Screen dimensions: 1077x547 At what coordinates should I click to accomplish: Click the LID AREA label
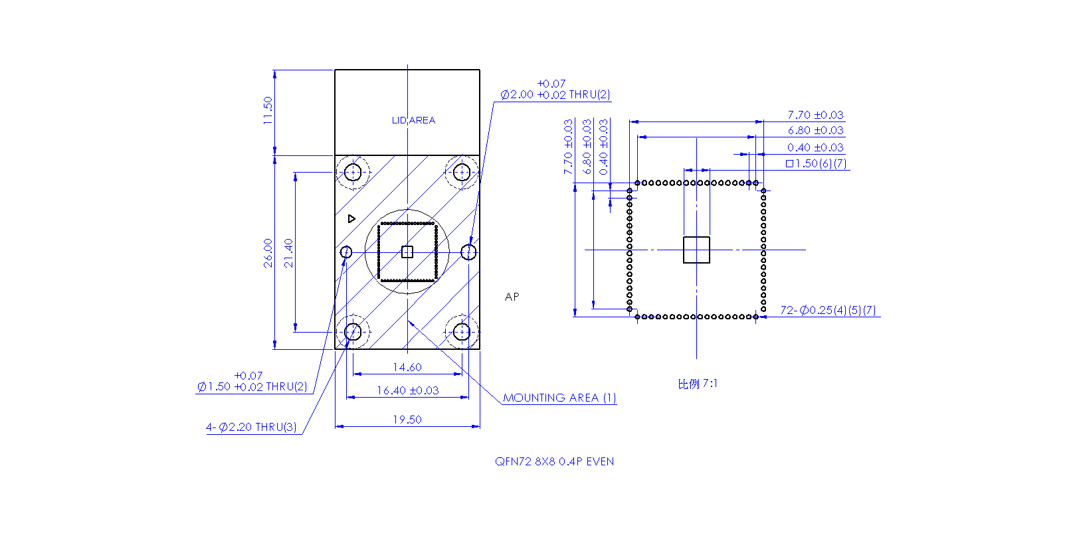pos(413,120)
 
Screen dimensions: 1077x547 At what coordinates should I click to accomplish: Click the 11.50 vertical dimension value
pos(268,110)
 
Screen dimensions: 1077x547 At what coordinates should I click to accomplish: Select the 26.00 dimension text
pos(268,253)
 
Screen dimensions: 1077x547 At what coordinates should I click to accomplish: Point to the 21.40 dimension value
pos(288,253)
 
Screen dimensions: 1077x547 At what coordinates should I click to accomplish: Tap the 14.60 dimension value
pos(407,367)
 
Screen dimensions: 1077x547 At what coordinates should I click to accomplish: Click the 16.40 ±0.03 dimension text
pos(408,390)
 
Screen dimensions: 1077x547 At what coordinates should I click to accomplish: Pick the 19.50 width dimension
pos(407,420)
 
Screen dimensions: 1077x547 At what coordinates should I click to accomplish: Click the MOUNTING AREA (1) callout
pos(559,398)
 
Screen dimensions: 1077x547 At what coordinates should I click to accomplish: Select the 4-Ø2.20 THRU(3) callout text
pos(251,427)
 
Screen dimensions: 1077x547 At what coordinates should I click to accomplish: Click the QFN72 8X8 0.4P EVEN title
pos(554,461)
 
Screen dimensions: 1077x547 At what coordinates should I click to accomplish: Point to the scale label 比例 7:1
pos(697,384)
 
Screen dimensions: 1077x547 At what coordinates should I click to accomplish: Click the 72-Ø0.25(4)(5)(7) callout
pos(828,310)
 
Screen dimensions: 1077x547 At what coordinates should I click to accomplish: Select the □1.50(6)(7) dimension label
pos(817,164)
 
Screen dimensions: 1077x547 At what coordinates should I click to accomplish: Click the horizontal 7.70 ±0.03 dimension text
pos(815,116)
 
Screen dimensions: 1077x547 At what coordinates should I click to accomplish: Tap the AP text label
pos(512,297)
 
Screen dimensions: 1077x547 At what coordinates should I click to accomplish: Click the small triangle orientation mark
pos(351,219)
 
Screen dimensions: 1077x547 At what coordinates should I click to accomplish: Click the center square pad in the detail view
pos(697,250)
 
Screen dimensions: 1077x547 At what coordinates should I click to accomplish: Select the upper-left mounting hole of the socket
pos(353,172)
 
